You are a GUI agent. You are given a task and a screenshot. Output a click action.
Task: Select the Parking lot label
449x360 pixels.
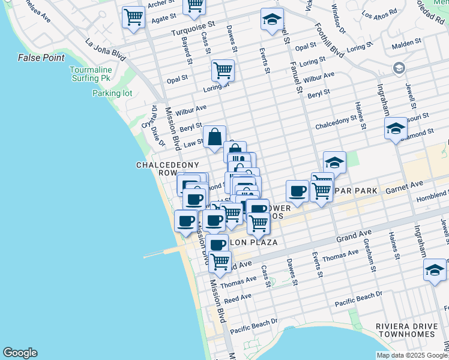pyautogui.click(x=112, y=93)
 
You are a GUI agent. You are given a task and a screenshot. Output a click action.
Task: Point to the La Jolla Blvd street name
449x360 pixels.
pyautogui.click(x=106, y=50)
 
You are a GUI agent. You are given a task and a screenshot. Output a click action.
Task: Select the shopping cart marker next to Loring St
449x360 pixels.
pyautogui.click(x=223, y=70)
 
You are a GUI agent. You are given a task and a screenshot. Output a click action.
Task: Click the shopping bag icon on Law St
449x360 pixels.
pyautogui.click(x=214, y=137)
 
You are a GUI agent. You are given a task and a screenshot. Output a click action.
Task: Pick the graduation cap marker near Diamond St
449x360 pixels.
pyautogui.click(x=396, y=128)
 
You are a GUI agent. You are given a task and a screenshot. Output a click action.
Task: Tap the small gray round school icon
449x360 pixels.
pyautogui.click(x=398, y=68)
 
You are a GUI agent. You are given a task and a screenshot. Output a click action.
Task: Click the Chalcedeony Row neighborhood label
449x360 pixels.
pyautogui.click(x=159, y=169)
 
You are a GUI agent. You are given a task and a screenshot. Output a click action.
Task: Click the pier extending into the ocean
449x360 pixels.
pyautogui.click(x=165, y=253)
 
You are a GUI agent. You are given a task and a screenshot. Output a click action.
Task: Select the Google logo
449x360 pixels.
pyautogui.click(x=20, y=353)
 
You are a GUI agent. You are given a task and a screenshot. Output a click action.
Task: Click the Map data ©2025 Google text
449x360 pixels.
pyautogui.click(x=412, y=355)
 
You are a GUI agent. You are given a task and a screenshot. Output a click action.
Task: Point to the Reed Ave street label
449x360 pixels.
pyautogui.click(x=238, y=298)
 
